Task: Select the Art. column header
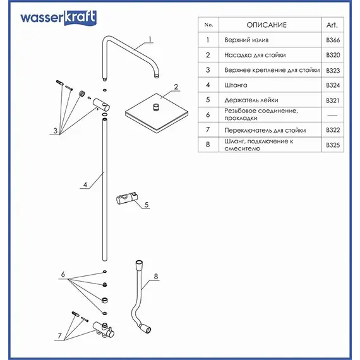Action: coord(332,25)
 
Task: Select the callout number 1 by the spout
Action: coord(150,39)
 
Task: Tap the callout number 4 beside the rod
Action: coord(84,185)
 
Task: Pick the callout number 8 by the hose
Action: coord(156,276)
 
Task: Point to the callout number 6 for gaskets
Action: coord(63,275)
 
